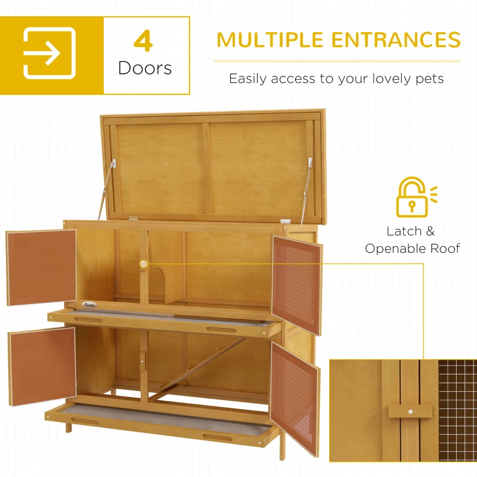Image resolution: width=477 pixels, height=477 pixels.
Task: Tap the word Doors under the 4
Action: [x=145, y=68]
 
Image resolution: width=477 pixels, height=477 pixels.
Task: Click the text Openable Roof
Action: [x=413, y=249]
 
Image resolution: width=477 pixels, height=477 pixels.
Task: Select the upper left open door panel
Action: [x=42, y=268]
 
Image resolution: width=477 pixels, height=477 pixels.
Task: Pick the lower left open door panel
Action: [x=42, y=366]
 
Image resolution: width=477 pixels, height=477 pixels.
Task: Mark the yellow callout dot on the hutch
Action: [x=144, y=263]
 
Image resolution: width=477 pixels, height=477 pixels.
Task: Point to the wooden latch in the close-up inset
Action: [x=410, y=411]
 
